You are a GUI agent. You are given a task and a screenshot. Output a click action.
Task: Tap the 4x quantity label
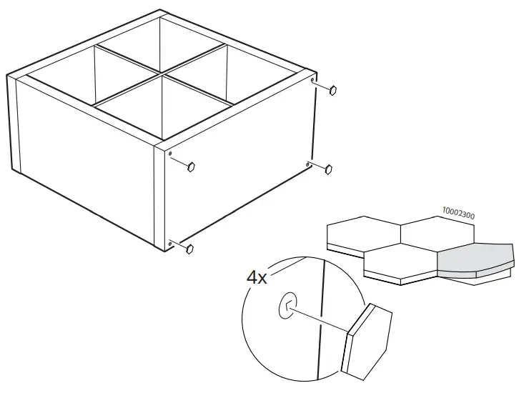257,277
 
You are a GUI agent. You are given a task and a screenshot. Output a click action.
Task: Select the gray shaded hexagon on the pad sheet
475,259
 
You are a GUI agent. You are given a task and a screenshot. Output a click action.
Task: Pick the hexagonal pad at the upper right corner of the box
334,90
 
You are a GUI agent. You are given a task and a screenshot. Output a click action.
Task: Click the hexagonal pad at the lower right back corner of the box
329,169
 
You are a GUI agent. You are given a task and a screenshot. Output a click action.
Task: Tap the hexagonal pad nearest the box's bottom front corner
190,249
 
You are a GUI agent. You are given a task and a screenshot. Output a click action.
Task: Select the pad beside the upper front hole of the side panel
191,166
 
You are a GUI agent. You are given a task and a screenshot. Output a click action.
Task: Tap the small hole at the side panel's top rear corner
313,81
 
